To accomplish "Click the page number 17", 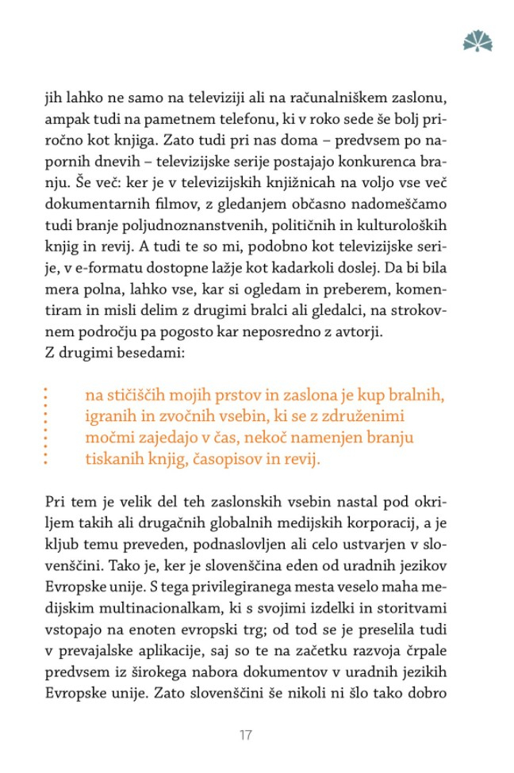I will pyautogui.click(x=245, y=735).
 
